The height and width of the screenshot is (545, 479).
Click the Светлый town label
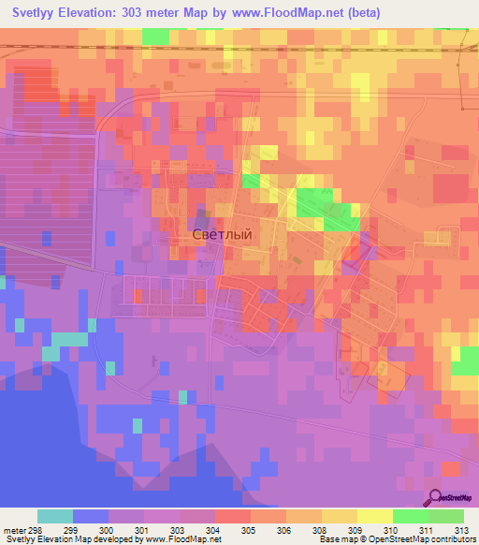pyautogui.click(x=222, y=235)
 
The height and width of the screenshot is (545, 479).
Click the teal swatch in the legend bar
pyautogui.click(x=55, y=516)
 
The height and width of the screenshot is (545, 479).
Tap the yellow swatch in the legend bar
pyautogui.click(x=374, y=516)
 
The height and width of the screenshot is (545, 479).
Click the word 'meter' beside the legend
pyautogui.click(x=12, y=530)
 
